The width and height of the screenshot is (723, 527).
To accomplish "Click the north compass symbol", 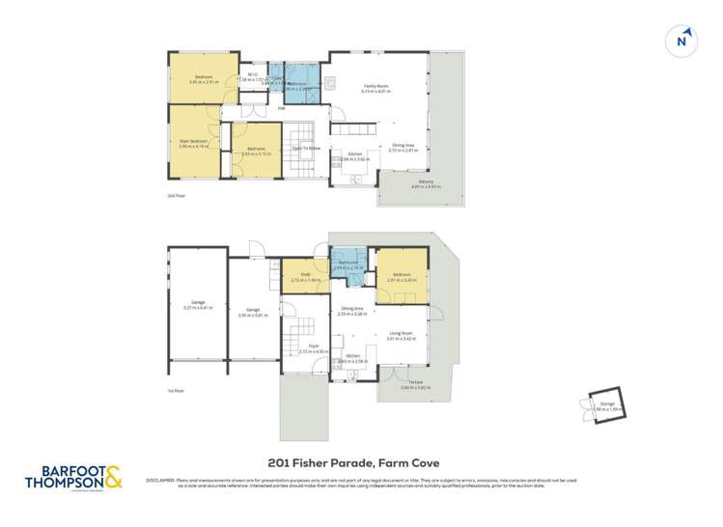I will (681, 40).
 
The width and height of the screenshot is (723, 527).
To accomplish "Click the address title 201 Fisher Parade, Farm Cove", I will (362, 461).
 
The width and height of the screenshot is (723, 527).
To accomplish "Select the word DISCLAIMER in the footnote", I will (158, 478).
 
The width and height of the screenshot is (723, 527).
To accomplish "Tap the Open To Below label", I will (306, 148).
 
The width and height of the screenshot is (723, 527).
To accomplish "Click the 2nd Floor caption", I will (176, 196).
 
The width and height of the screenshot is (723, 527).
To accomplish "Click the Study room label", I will (305, 274).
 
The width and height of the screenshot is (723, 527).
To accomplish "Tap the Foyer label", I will (314, 345).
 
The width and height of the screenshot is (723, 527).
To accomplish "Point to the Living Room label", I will (400, 334).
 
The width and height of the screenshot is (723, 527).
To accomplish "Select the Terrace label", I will (415, 382).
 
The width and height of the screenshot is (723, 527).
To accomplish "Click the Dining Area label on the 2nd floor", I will (402, 147).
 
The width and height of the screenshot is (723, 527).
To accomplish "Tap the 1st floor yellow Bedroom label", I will (399, 275).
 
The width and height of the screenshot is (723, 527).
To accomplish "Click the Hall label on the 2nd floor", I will (282, 108).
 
